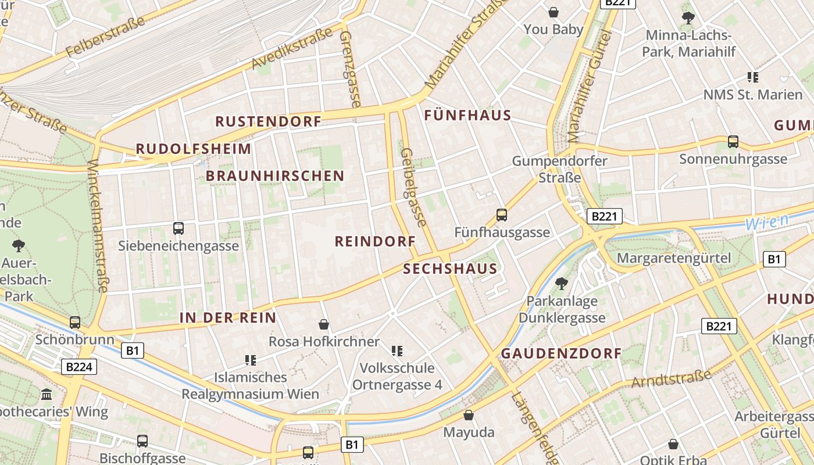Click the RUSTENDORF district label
pyautogui.click(x=268, y=121)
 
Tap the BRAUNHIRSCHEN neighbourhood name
pyautogui.click(x=275, y=176)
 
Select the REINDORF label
pyautogui.click(x=375, y=241)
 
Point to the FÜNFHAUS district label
pyautogui.click(x=467, y=115)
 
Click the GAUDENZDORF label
pyautogui.click(x=561, y=353)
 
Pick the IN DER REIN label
pyautogui.click(x=227, y=317)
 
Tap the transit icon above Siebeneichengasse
pyautogui.click(x=178, y=228)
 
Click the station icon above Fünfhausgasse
pyautogui.click(x=502, y=215)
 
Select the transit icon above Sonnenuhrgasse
pyautogui.click(x=733, y=141)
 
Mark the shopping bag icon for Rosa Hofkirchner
pyautogui.click(x=324, y=324)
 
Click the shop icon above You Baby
pyautogui.click(x=554, y=12)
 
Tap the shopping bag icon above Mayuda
pyautogui.click(x=469, y=415)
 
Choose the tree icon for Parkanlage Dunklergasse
pyautogui.click(x=562, y=284)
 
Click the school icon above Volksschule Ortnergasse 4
pyautogui.click(x=397, y=350)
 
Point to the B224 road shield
pyautogui.click(x=78, y=367)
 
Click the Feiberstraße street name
pyautogui.click(x=105, y=37)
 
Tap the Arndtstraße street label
pyautogui.click(x=671, y=378)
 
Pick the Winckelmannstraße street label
pyautogui.click(x=98, y=226)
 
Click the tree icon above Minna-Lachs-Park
pyautogui.click(x=688, y=18)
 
